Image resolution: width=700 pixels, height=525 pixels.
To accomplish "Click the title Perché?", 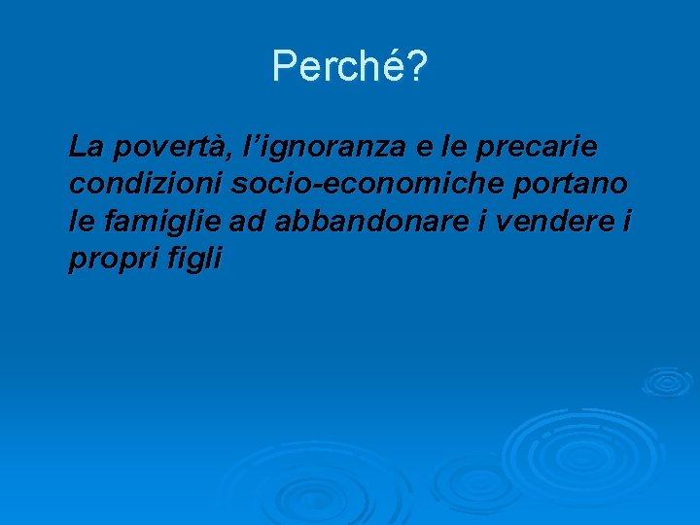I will (349, 66).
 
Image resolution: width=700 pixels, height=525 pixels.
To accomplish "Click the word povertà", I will (171, 149).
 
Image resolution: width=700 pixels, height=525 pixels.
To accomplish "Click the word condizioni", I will (146, 185).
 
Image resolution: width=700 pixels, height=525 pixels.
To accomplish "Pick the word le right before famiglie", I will (83, 222).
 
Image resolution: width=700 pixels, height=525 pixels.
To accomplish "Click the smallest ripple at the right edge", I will (667, 380).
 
